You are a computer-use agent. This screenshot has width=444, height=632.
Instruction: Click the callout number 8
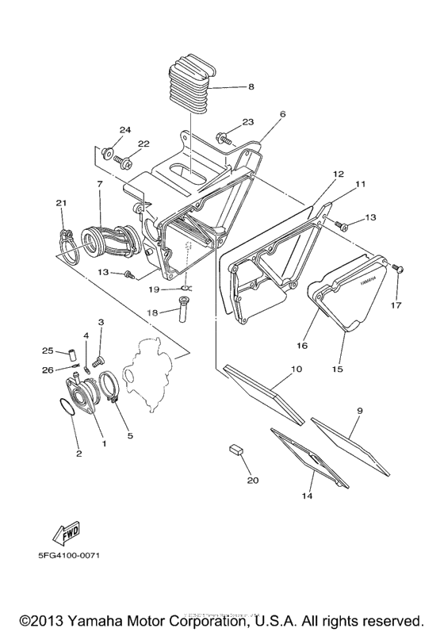click(x=251, y=87)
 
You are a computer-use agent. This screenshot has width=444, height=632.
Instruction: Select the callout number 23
click(x=247, y=122)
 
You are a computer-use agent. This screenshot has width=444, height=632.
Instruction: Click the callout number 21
click(x=60, y=204)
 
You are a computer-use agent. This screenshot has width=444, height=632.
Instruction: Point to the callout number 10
click(x=296, y=370)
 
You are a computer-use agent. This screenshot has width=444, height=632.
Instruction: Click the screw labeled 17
click(x=398, y=270)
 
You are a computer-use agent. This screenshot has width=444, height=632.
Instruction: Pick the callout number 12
click(x=338, y=174)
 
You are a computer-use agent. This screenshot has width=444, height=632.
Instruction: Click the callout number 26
click(x=47, y=370)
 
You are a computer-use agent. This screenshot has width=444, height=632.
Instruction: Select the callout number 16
click(x=302, y=346)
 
